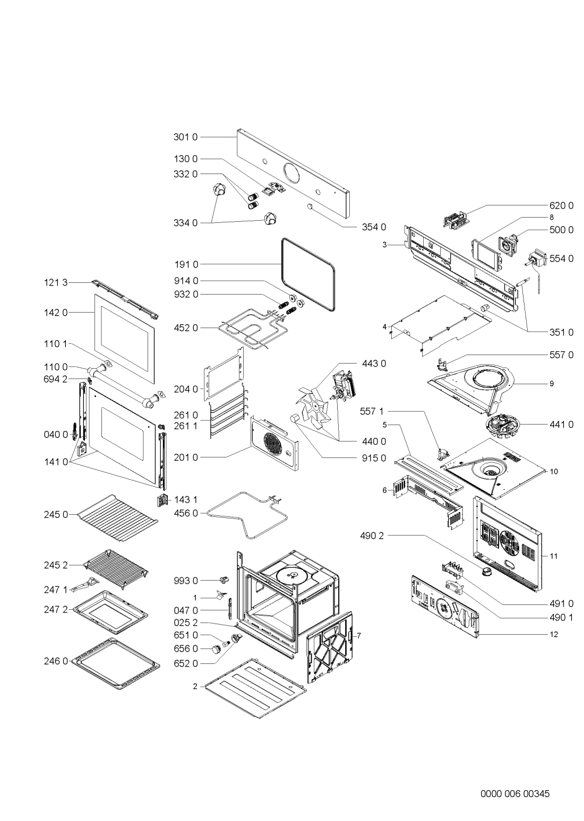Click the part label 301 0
[x=185, y=137]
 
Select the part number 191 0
[x=185, y=264]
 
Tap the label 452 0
[x=185, y=328]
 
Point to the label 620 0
[x=562, y=205]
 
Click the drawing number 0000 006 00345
[x=515, y=779]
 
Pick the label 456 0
[x=185, y=513]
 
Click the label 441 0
[x=562, y=424]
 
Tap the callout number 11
[x=554, y=556]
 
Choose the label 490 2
[x=372, y=535]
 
